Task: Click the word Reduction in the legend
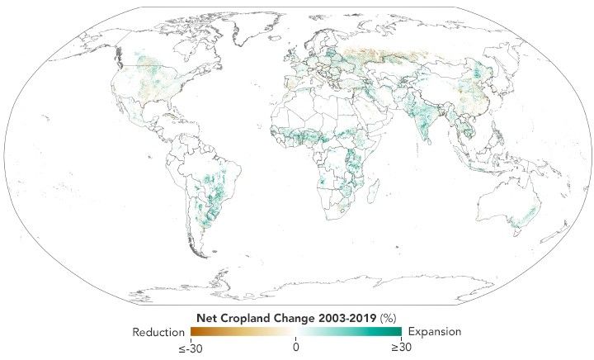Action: pyautogui.click(x=158, y=331)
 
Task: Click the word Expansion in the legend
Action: pyautogui.click(x=435, y=331)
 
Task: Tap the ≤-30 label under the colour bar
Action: pyautogui.click(x=192, y=348)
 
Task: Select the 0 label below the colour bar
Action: pyautogui.click(x=296, y=348)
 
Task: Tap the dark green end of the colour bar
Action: pyautogui.click(x=397, y=332)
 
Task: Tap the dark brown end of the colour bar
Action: pyautogui.click(x=195, y=332)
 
